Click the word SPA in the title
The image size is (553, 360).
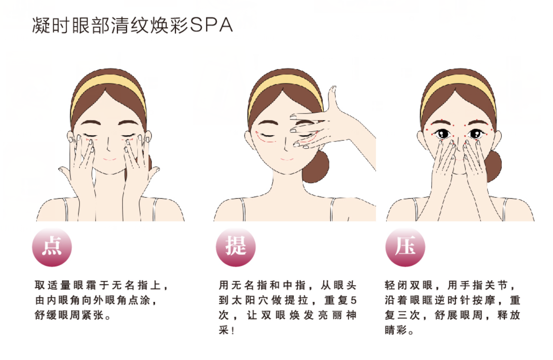tap(212, 25)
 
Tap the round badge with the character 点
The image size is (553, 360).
tap(52, 247)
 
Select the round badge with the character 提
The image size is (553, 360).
tap(236, 247)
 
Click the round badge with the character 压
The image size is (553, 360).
tap(406, 247)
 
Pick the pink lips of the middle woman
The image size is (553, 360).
tap(287, 159)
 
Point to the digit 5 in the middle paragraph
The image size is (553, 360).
tap(353, 300)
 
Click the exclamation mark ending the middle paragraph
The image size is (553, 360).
tap(233, 330)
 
